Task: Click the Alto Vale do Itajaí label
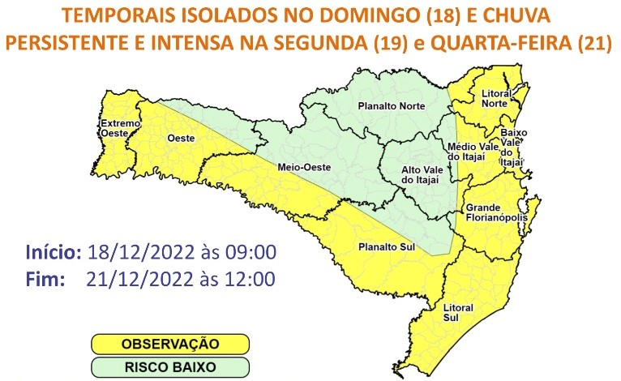click(422, 173)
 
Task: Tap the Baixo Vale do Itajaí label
click(514, 147)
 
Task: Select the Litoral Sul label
click(457, 312)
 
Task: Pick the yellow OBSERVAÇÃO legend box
click(170, 345)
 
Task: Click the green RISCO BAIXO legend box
click(170, 366)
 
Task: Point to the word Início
click(53, 251)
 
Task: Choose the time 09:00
click(248, 251)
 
